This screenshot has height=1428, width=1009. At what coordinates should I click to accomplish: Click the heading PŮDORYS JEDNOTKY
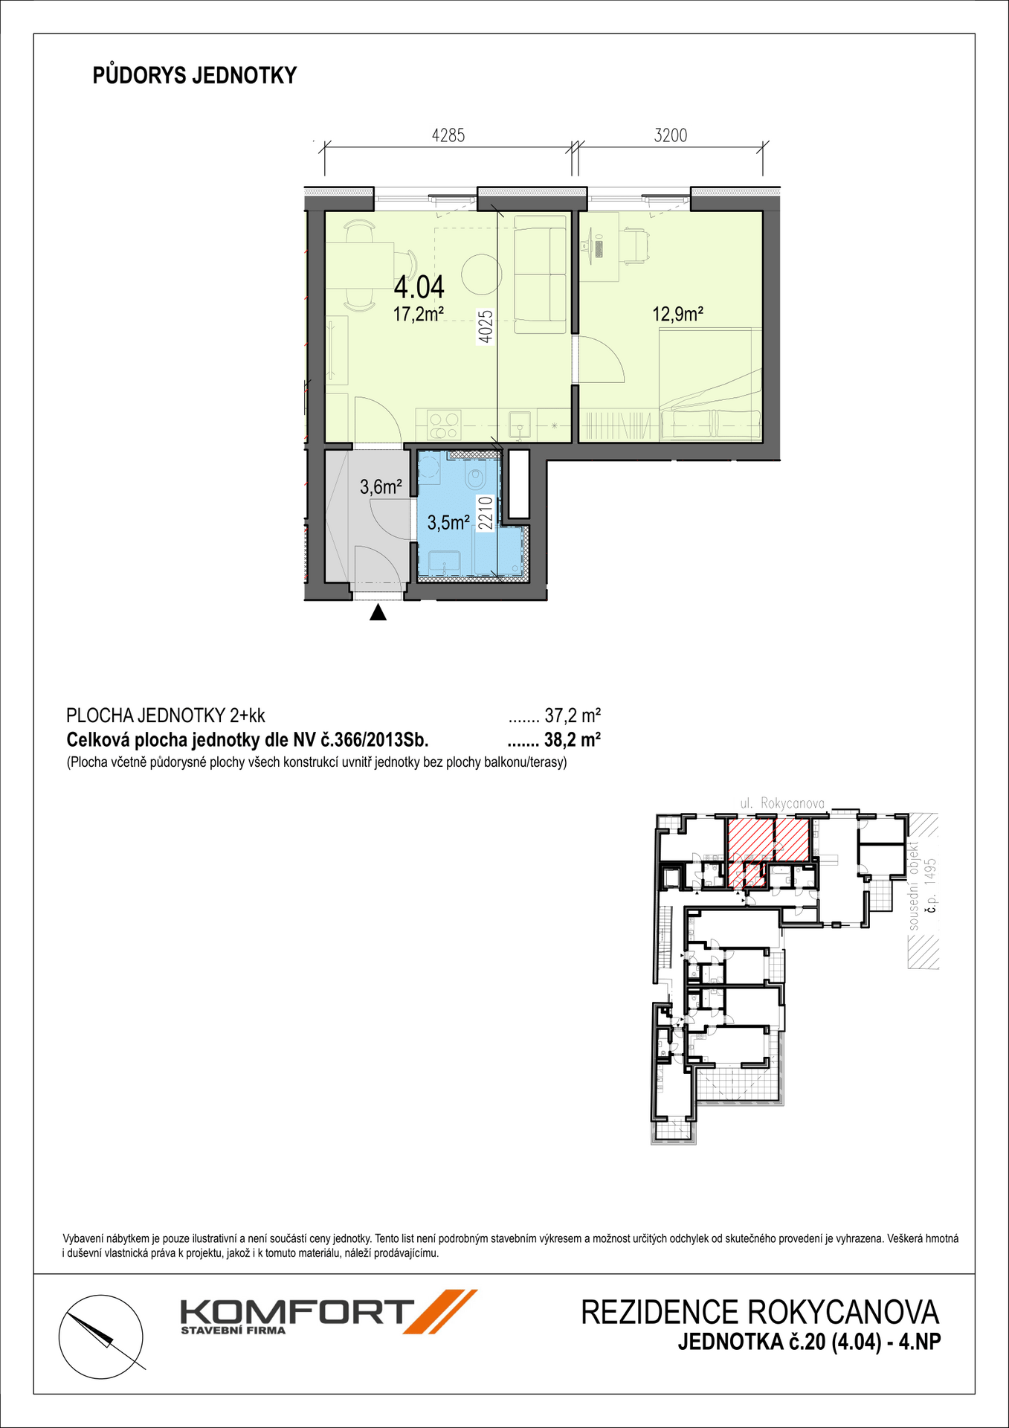tap(195, 76)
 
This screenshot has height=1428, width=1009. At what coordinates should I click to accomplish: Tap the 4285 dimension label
tap(448, 135)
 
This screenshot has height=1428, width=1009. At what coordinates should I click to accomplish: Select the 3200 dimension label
tap(671, 135)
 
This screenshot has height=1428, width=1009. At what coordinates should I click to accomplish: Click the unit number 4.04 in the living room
tap(419, 286)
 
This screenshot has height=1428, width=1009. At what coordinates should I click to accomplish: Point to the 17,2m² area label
tap(419, 314)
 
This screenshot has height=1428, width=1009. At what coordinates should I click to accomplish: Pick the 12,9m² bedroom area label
tap(678, 314)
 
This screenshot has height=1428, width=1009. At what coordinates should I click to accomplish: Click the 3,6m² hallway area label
tap(381, 487)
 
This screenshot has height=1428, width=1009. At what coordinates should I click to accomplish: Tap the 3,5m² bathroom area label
tap(448, 523)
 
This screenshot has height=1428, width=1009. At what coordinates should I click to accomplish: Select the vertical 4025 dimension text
tap(485, 326)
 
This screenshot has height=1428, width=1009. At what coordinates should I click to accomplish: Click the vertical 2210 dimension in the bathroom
tap(485, 513)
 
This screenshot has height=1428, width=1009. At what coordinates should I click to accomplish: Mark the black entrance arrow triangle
tap(378, 613)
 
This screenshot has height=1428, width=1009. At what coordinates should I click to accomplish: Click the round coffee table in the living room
tap(480, 275)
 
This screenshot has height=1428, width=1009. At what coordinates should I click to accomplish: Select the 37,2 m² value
tap(573, 716)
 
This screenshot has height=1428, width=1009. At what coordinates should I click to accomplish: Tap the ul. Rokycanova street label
tap(782, 803)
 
